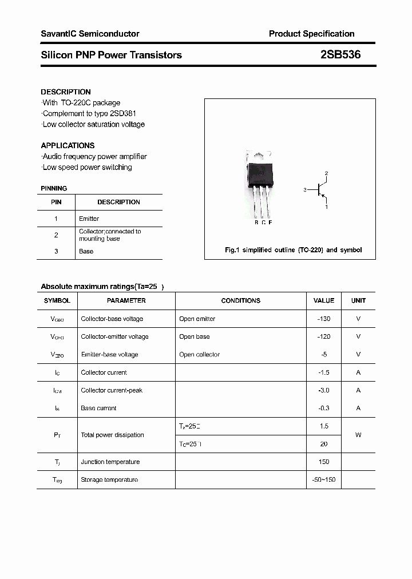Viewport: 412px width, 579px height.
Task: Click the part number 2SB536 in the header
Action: [340, 55]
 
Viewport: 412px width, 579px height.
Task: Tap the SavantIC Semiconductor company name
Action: [90, 34]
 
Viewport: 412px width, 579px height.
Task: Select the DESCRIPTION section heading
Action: [66, 92]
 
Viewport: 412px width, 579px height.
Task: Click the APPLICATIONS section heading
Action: [68, 145]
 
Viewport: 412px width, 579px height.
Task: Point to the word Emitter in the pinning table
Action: [89, 219]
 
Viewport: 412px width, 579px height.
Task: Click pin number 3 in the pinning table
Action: [56, 251]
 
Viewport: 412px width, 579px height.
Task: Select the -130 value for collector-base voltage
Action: [324, 319]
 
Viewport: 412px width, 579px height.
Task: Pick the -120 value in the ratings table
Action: [324, 336]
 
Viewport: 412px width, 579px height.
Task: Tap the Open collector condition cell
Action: [199, 354]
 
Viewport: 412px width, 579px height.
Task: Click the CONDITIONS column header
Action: [240, 300]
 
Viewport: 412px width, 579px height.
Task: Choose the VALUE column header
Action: [324, 300]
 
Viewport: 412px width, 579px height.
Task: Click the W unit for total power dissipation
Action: [358, 435]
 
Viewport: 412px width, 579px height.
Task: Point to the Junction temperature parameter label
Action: [110, 462]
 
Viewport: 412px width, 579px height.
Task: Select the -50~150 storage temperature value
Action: [324, 479]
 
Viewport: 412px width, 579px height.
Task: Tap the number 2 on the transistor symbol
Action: [326, 173]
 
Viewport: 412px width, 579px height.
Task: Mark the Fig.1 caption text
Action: [292, 250]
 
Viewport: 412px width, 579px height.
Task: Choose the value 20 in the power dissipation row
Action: [324, 444]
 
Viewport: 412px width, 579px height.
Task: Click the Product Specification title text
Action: [311, 34]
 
